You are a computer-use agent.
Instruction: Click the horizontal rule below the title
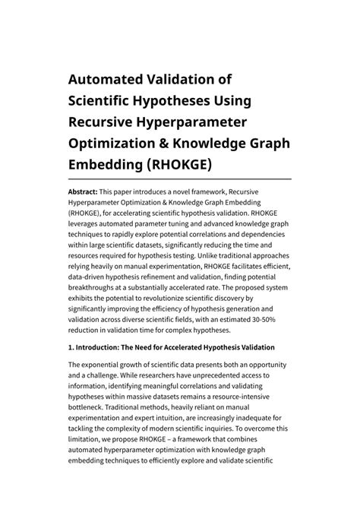[180, 179]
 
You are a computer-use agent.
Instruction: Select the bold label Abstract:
[86, 193]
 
